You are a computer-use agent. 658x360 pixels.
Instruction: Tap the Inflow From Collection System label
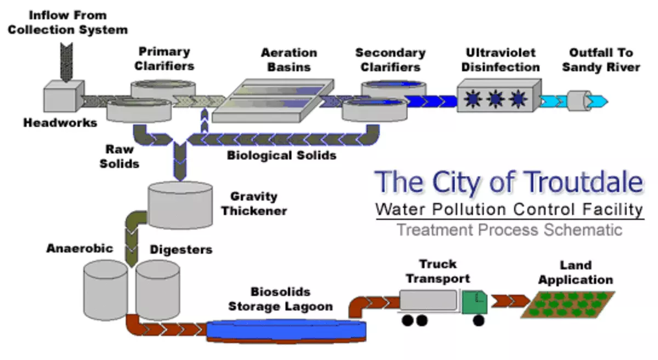(67, 22)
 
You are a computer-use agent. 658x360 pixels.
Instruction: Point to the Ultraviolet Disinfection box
(498, 96)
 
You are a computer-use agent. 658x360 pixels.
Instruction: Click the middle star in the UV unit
(495, 99)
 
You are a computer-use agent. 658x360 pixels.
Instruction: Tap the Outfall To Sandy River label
(600, 60)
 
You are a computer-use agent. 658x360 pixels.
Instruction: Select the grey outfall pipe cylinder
(577, 101)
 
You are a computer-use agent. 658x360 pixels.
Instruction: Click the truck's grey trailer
(428, 301)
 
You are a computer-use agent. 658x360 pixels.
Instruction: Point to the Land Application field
(568, 305)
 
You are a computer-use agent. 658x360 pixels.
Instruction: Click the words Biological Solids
(281, 155)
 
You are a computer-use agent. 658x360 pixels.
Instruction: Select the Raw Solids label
(119, 156)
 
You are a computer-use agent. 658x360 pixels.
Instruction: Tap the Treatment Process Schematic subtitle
(509, 229)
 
